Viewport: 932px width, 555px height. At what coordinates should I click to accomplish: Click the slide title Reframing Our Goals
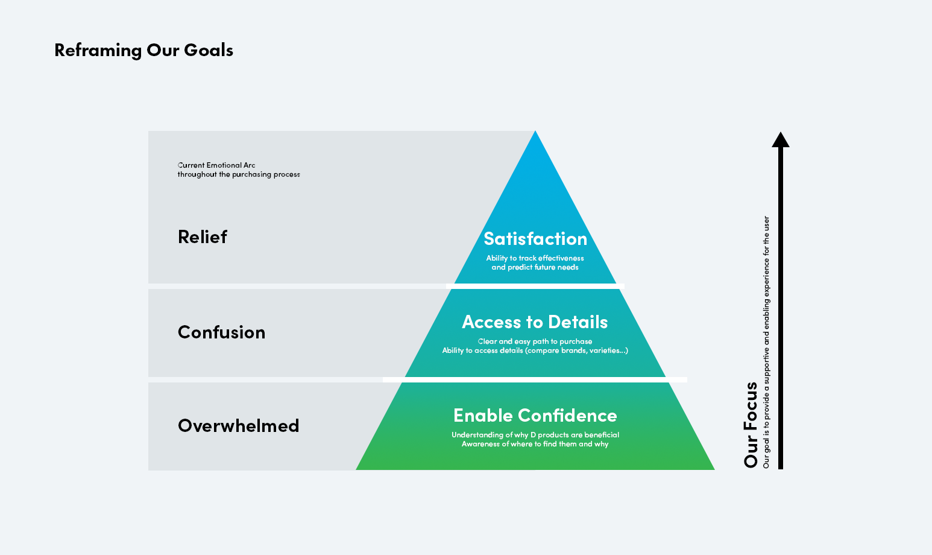pos(143,50)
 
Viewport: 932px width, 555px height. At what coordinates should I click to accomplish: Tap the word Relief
pos(203,237)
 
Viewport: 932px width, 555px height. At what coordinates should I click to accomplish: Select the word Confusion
pos(221,332)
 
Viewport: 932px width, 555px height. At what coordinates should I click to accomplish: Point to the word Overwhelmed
pos(238,426)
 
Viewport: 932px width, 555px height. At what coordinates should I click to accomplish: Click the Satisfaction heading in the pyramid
pos(535,239)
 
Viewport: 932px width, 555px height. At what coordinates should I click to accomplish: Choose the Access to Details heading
pos(535,322)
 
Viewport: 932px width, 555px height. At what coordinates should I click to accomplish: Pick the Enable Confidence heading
pos(535,416)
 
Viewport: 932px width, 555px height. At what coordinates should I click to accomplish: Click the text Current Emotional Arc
pos(216,165)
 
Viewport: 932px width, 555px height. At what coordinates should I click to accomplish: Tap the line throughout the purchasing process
pos(239,174)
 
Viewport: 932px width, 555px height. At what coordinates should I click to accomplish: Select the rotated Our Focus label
pos(751,425)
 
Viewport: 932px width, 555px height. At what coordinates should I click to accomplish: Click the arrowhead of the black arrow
pos(781,140)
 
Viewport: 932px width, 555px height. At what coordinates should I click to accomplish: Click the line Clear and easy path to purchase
pos(535,341)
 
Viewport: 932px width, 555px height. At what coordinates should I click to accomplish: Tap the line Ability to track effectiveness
pos(535,258)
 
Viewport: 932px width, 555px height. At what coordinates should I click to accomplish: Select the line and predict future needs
pos(535,267)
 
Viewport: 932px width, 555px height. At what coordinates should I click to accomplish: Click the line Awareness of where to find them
pos(535,444)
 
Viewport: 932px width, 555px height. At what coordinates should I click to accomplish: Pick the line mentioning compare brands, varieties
pos(535,350)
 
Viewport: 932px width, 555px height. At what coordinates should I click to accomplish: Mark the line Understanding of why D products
pos(535,435)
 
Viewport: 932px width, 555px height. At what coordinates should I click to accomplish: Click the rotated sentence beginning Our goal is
pos(766,342)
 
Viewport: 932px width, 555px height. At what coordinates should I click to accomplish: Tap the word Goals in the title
pos(209,50)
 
